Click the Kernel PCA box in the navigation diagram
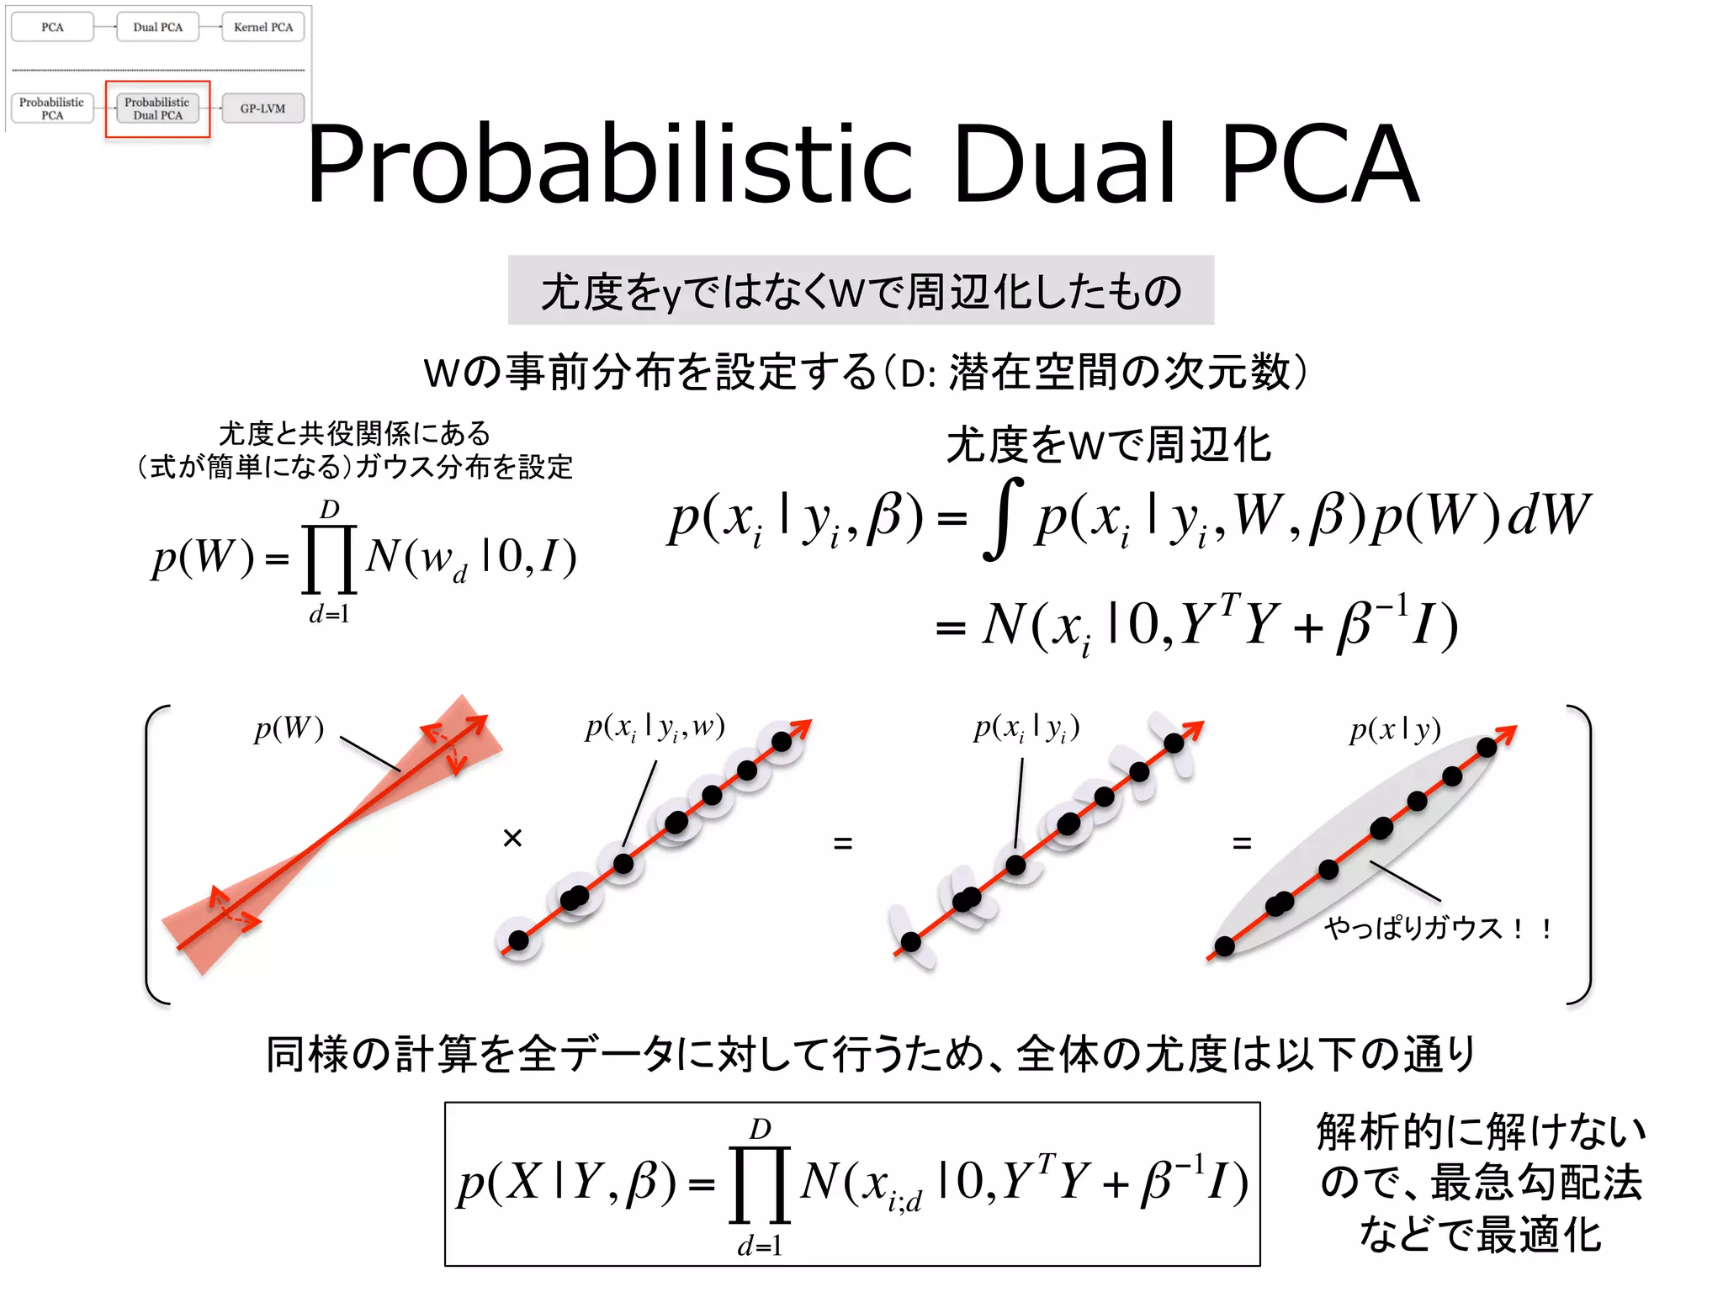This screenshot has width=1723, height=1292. pyautogui.click(x=262, y=27)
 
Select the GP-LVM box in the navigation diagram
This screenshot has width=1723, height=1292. pyautogui.click(x=262, y=109)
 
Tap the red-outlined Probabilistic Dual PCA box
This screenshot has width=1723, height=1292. pyautogui.click(x=157, y=109)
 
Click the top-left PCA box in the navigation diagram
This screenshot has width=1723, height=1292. pyautogui.click(x=52, y=27)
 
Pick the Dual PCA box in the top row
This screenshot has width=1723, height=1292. pyautogui.click(x=157, y=27)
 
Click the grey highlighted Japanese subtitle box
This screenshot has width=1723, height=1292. pyautogui.click(x=861, y=290)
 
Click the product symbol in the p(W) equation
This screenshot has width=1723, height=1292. pyautogui.click(x=329, y=559)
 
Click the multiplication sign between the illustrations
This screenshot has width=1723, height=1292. pyautogui.click(x=512, y=838)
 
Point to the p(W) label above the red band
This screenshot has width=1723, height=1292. pyautogui.click(x=289, y=728)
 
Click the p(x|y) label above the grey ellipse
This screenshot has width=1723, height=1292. pyautogui.click(x=1395, y=730)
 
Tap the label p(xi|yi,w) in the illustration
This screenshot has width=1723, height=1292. pyautogui.click(x=655, y=727)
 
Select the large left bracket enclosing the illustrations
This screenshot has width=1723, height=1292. pyautogui.click(x=156, y=854)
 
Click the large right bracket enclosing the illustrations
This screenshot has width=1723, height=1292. pyautogui.click(x=1581, y=854)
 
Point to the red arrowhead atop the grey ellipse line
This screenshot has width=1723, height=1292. pyautogui.click(x=1507, y=733)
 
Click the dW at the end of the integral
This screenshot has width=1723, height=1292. pyautogui.click(x=1548, y=515)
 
